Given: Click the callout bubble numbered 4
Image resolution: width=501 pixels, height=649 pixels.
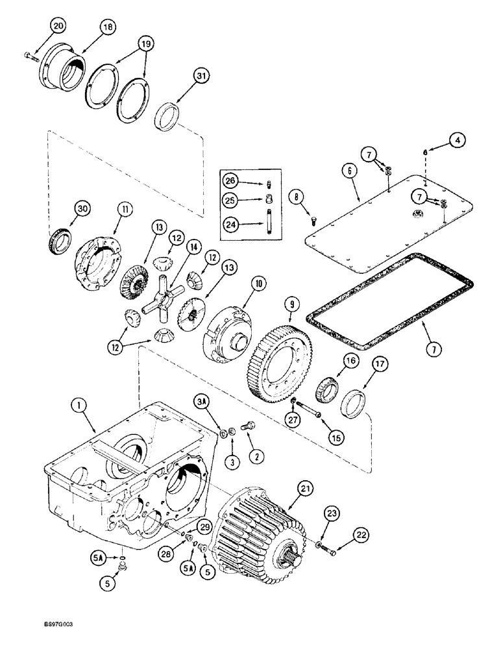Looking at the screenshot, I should [x=458, y=140].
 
